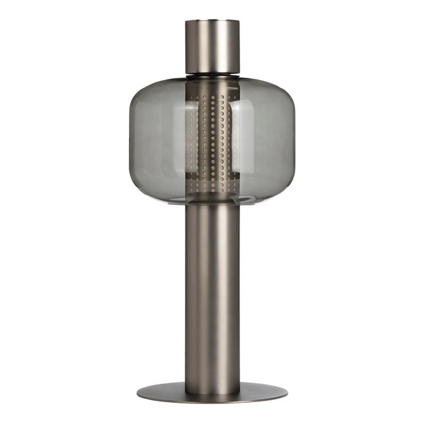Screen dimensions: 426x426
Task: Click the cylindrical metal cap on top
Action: coord(212,47)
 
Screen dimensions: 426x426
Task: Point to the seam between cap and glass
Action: coord(212,75)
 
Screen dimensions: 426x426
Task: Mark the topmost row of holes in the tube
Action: coord(212,95)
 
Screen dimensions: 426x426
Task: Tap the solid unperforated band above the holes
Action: coord(212,85)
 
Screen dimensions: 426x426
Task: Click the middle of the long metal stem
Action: coord(212,296)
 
